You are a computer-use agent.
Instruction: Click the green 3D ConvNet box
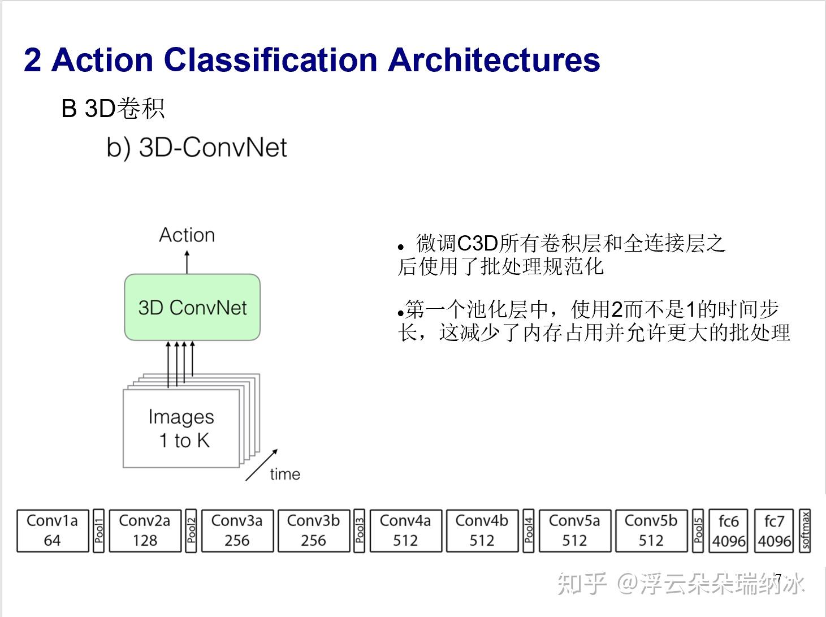click(x=192, y=308)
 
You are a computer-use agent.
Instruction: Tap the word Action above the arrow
click(x=187, y=235)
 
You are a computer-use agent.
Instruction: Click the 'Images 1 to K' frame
click(x=181, y=428)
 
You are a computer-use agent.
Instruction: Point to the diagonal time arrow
click(x=261, y=465)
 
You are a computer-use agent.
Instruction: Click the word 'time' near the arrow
click(x=285, y=474)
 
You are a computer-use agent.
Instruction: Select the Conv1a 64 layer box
click(x=52, y=530)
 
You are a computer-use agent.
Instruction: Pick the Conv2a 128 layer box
click(x=145, y=530)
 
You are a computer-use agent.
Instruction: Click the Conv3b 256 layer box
click(x=313, y=530)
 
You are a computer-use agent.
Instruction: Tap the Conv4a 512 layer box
click(x=405, y=530)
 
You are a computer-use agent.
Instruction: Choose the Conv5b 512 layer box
click(x=651, y=530)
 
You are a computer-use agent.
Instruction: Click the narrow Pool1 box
click(x=99, y=530)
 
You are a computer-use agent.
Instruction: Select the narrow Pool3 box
click(x=360, y=530)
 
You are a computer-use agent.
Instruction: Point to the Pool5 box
click(x=698, y=530)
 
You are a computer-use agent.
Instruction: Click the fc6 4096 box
click(x=729, y=530)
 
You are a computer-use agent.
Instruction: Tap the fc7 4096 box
click(x=775, y=530)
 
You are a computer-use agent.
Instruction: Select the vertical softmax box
click(x=805, y=530)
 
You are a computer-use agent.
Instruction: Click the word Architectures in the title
click(x=494, y=60)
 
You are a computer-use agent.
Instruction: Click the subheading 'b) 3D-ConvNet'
click(x=197, y=148)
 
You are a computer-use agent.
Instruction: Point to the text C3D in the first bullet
click(x=477, y=244)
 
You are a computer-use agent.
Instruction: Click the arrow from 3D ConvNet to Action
click(x=187, y=261)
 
